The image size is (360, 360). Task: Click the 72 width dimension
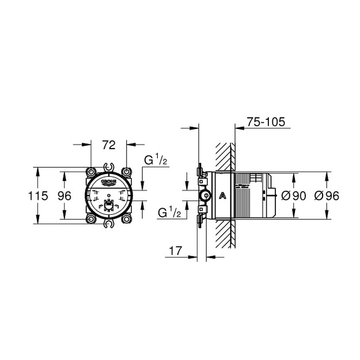[x=109, y=145]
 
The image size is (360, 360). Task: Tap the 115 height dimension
[x=38, y=196]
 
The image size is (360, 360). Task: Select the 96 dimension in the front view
[x=65, y=196]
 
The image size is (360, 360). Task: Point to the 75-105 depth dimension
[x=266, y=122]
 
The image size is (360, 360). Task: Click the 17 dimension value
[x=176, y=251]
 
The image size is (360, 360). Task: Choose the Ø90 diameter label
[x=294, y=196]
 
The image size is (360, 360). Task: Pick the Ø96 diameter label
[x=327, y=196]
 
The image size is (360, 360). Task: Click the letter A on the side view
[x=222, y=196]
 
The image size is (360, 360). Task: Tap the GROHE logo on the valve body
[x=109, y=181]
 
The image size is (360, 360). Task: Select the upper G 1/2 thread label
[x=156, y=160]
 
